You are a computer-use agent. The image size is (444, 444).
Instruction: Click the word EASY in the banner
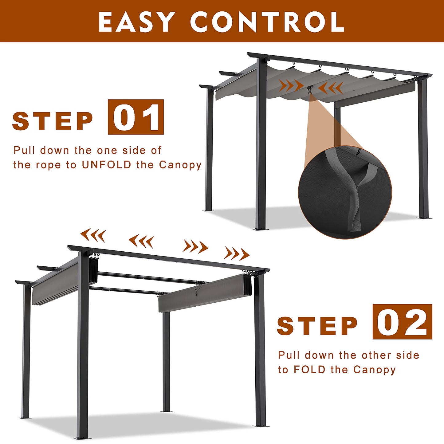click(x=136, y=22)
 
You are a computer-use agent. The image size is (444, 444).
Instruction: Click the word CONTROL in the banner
click(x=267, y=22)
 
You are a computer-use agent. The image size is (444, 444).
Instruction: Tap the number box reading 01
click(x=136, y=117)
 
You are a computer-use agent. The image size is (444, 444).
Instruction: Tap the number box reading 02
click(x=402, y=322)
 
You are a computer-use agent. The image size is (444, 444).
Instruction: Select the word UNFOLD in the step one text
click(x=107, y=165)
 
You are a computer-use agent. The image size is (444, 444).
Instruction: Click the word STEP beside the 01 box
click(x=53, y=121)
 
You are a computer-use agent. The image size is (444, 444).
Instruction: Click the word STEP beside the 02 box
click(x=317, y=326)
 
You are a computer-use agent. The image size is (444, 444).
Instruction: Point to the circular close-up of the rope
click(x=345, y=192)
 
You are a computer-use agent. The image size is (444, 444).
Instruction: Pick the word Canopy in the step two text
click(x=375, y=370)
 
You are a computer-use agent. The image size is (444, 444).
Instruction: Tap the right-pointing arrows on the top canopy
click(x=291, y=85)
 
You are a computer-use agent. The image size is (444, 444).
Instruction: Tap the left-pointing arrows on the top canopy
click(x=330, y=88)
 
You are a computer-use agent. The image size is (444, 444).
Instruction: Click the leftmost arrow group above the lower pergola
click(x=93, y=235)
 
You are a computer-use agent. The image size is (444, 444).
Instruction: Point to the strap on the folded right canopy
click(x=196, y=291)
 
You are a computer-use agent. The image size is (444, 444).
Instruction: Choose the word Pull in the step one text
click(x=24, y=150)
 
